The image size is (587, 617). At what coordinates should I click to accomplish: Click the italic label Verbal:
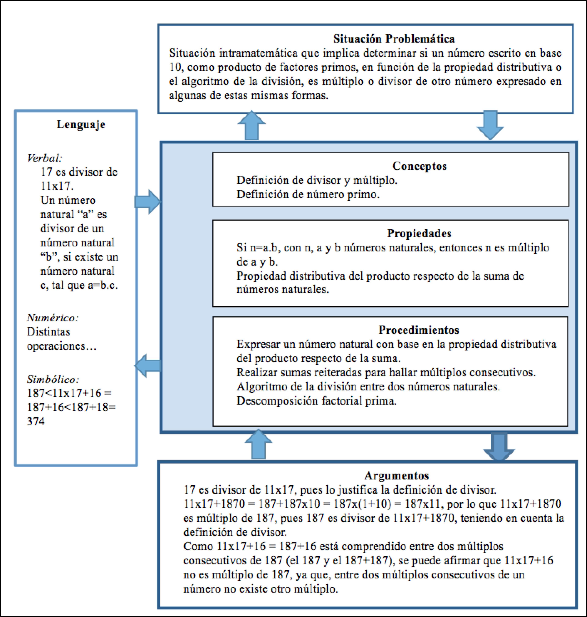[x=45, y=158]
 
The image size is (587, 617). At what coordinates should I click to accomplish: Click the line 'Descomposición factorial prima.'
[x=316, y=401]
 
